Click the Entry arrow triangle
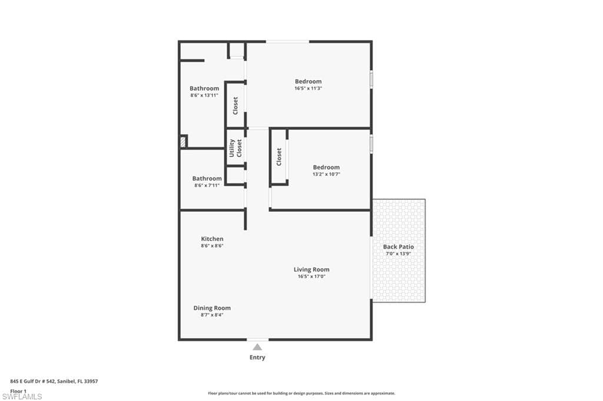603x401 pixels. (257, 347)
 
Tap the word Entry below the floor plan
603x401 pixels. (257, 357)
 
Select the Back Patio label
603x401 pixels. (398, 247)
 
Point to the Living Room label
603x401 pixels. (312, 270)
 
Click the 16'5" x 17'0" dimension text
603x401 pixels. (312, 276)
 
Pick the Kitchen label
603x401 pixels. (212, 239)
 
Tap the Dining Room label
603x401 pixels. (212, 308)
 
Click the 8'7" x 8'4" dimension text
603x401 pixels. (212, 315)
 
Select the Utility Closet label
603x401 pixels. (235, 148)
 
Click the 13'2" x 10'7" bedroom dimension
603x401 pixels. (326, 174)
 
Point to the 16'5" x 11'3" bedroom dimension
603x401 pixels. (308, 88)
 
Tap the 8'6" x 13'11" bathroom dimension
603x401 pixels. (204, 95)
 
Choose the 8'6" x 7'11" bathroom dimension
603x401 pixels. (207, 185)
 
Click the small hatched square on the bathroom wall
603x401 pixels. (184, 142)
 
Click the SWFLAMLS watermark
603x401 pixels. (22, 396)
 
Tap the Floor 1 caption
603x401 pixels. (18, 390)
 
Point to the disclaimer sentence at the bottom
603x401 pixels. (301, 393)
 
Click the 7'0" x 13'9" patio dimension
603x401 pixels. (398, 253)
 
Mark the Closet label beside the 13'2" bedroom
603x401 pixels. (279, 156)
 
